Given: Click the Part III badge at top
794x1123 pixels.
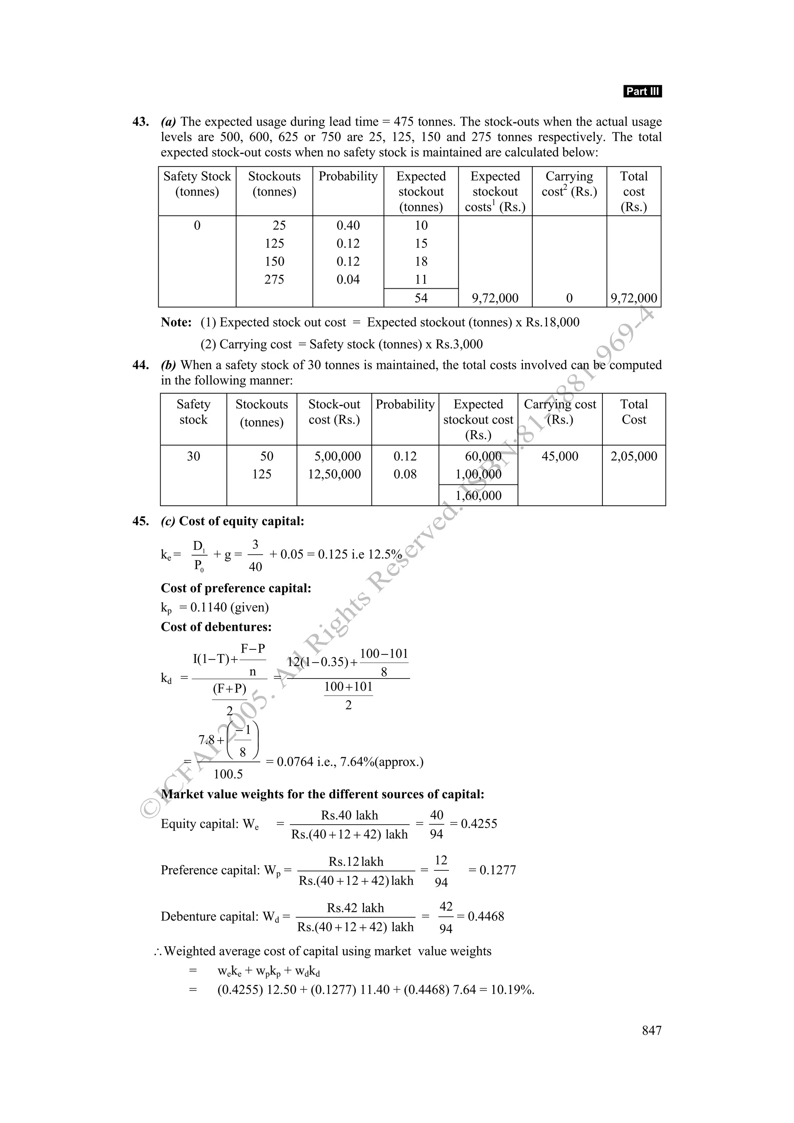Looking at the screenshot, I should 642,91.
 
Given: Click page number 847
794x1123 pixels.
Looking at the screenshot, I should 651,1030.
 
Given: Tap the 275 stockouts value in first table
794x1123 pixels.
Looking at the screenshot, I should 274,279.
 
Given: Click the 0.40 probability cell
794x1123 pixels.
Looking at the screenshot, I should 348,226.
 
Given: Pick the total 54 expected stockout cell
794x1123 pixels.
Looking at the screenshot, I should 421,298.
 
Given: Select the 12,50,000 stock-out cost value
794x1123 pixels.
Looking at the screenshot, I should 334,474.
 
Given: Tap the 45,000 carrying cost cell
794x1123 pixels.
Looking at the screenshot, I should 560,456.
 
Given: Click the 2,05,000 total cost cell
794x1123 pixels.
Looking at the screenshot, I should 633,456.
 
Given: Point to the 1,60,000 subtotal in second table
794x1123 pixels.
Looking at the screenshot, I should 478,496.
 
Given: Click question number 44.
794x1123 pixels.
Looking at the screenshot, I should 140,365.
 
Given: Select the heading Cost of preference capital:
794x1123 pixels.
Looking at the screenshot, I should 236,588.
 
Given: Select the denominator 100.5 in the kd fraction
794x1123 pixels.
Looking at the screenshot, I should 228,774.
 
